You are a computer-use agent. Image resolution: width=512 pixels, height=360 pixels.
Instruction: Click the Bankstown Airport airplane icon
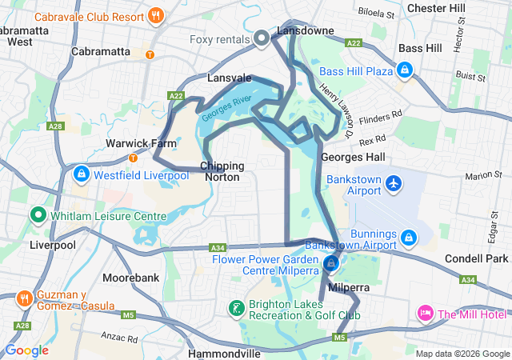(x=394, y=183)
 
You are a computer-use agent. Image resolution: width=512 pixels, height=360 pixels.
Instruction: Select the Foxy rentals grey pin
(x=261, y=38)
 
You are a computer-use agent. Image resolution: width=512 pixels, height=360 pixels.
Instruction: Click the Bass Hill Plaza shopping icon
(x=406, y=71)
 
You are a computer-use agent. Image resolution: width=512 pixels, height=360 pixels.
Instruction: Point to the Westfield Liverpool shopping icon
(x=81, y=174)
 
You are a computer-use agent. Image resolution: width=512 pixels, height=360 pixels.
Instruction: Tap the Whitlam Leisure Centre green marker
(x=37, y=215)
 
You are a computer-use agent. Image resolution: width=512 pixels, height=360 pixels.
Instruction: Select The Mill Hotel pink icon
(x=426, y=313)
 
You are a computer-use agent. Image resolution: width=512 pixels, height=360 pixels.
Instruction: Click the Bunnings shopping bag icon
(x=408, y=238)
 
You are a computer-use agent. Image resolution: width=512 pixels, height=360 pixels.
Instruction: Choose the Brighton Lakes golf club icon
(x=236, y=308)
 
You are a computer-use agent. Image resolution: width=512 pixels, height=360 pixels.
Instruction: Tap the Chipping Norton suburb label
(x=222, y=171)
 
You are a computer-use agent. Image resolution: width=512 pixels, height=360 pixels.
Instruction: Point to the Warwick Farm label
(x=130, y=144)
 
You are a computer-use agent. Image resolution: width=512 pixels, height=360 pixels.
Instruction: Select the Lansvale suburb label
(x=230, y=78)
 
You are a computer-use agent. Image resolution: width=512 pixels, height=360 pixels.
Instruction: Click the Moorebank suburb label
(x=131, y=278)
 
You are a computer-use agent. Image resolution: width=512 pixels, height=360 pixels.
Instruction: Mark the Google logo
(x=26, y=350)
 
